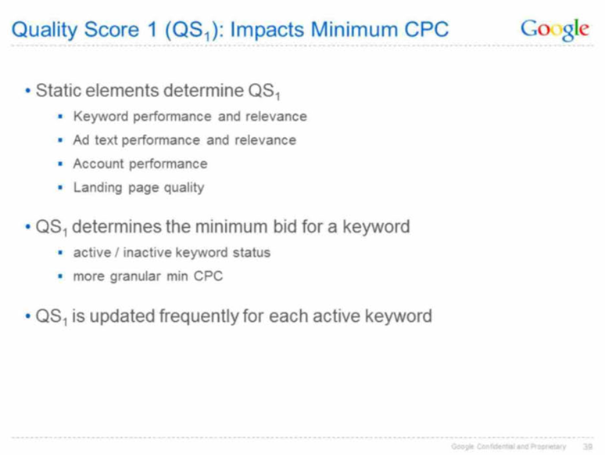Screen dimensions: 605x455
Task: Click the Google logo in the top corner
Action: tap(555, 30)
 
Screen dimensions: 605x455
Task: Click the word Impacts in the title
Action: tap(267, 30)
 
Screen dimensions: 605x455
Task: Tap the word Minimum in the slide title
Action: tap(354, 30)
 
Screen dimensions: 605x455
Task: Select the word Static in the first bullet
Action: tap(59, 91)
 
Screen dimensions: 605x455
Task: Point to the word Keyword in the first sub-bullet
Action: tap(100, 117)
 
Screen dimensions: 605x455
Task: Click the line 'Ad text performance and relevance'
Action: tap(184, 140)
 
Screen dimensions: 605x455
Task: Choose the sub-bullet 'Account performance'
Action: tap(140, 164)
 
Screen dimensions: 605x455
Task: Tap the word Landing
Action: tap(98, 188)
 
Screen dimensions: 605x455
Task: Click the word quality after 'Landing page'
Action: tap(184, 188)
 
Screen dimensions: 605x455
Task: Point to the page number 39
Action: tap(588, 447)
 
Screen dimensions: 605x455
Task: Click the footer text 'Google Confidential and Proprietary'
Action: tap(509, 447)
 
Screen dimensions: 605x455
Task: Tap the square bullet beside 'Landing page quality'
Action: tap(60, 188)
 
